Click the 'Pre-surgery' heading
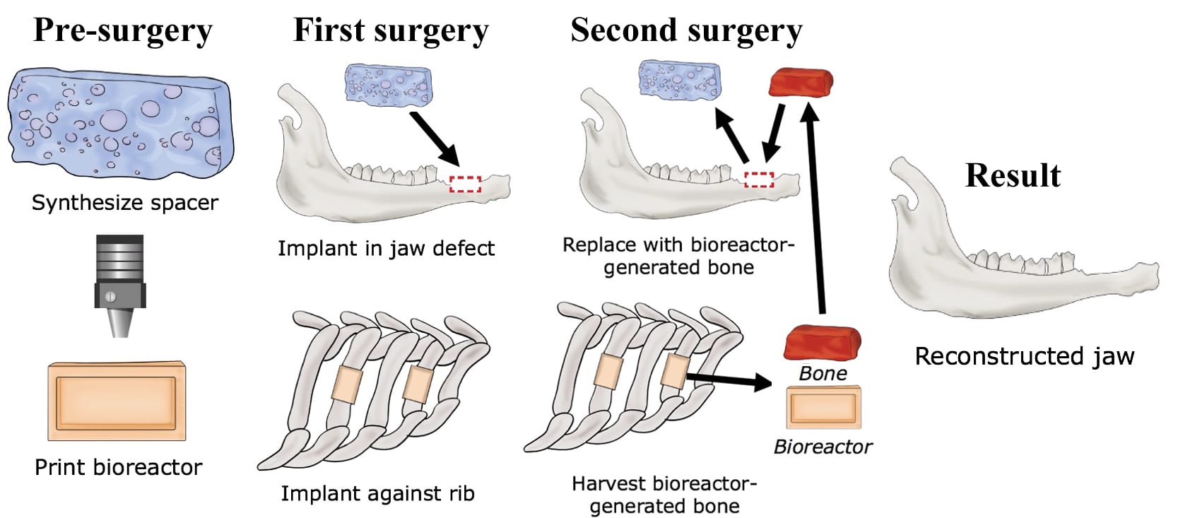[122, 30]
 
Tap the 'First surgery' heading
[390, 30]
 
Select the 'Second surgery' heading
[685, 30]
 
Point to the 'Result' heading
[1012, 175]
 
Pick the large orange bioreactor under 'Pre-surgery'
[117, 401]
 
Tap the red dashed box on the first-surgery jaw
[465, 184]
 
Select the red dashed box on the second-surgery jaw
[759, 179]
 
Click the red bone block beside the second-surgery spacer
[801, 83]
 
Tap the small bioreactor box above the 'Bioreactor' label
[824, 408]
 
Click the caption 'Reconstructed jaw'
[1024, 356]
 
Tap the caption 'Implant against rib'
[377, 493]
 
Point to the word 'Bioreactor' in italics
[823, 447]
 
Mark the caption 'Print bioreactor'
[118, 467]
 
